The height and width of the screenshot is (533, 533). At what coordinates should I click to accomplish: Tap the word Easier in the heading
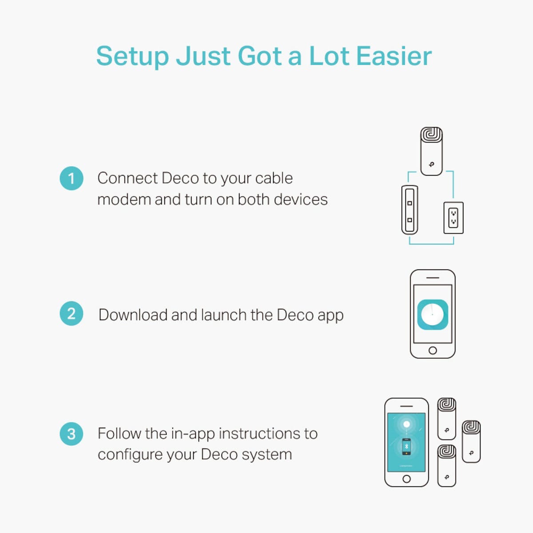tap(394, 56)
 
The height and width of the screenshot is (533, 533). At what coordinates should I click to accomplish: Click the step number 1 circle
tap(72, 179)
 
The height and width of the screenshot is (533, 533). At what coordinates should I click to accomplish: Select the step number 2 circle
tap(72, 314)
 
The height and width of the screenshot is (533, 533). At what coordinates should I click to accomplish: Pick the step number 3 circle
tap(72, 434)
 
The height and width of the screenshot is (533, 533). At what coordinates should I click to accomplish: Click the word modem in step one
tap(124, 199)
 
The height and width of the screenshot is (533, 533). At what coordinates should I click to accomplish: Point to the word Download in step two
tap(133, 315)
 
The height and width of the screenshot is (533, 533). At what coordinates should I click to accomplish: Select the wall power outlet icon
tap(453, 218)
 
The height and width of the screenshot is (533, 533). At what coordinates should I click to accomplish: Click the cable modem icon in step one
tap(410, 210)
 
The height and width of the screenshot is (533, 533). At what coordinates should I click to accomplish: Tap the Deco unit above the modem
tap(431, 151)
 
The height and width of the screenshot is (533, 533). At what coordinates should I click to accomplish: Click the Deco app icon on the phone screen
tap(433, 314)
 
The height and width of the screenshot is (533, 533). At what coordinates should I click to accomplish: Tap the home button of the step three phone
tap(406, 479)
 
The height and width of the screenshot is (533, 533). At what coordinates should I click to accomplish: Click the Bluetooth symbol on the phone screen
tap(406, 446)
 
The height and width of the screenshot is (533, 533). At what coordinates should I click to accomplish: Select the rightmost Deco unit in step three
tap(471, 442)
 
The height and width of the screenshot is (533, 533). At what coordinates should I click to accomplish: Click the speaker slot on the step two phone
tap(433, 278)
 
